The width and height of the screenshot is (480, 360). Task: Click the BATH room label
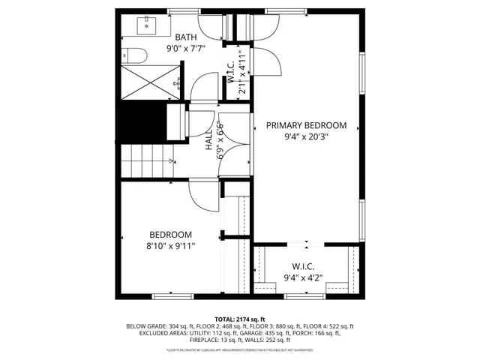(x=186, y=37)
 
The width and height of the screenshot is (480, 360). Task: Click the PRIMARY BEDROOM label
(x=306, y=125)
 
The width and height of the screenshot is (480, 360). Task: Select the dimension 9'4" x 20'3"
(x=306, y=136)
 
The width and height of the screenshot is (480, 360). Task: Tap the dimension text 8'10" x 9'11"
(x=170, y=245)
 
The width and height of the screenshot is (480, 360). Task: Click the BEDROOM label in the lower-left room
(x=170, y=234)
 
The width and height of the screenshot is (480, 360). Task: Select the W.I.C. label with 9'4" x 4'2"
(x=303, y=267)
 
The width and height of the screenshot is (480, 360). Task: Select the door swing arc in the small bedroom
(x=202, y=197)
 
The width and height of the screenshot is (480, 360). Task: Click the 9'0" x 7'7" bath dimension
(x=186, y=49)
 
